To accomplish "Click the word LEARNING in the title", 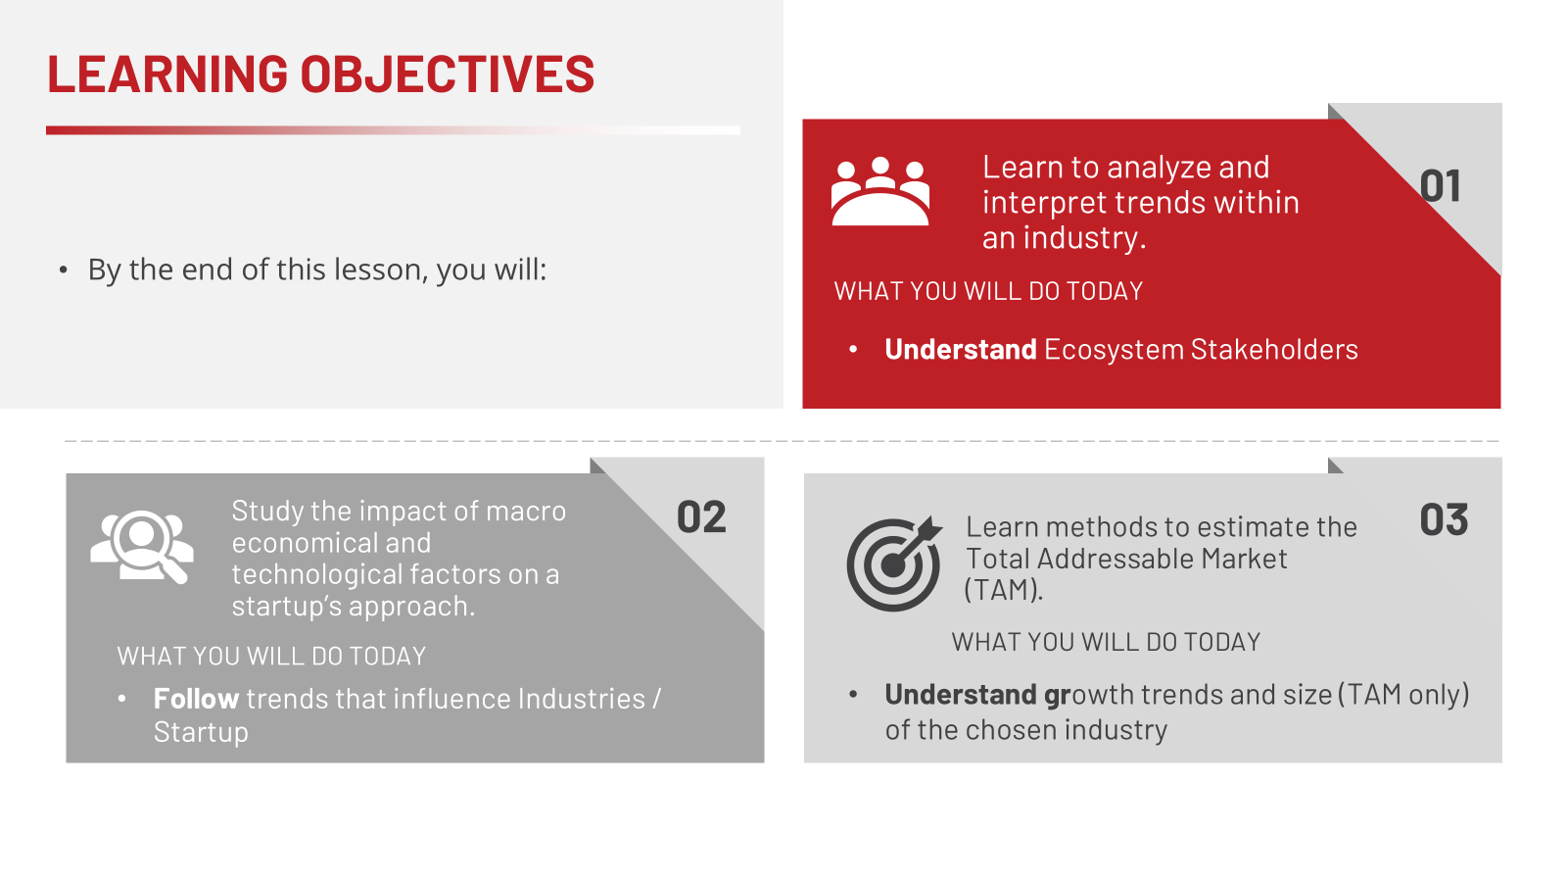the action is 167,73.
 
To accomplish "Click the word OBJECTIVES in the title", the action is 448,73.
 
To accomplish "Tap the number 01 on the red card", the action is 1441,186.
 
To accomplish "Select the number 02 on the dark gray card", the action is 701,517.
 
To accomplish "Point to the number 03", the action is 1444,520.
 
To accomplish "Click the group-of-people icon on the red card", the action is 880,190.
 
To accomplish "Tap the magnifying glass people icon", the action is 142,547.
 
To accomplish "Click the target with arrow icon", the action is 895,563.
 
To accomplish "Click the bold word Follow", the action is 197,699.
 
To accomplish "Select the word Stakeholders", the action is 1274,349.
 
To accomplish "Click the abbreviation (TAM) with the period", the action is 1003,590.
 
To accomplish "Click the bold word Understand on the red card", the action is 961,349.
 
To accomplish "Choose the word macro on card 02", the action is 525,512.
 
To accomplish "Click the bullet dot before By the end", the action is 64,270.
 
